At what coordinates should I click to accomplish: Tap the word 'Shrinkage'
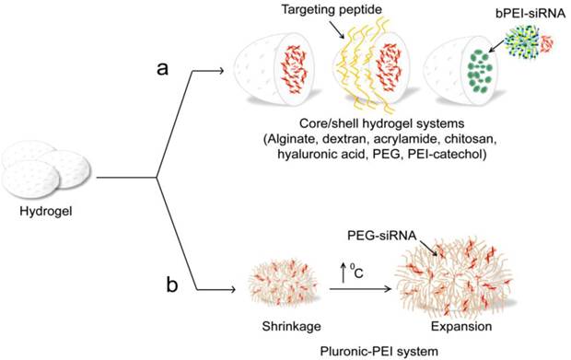[280, 323]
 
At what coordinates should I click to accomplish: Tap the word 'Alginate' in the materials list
[290, 139]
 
